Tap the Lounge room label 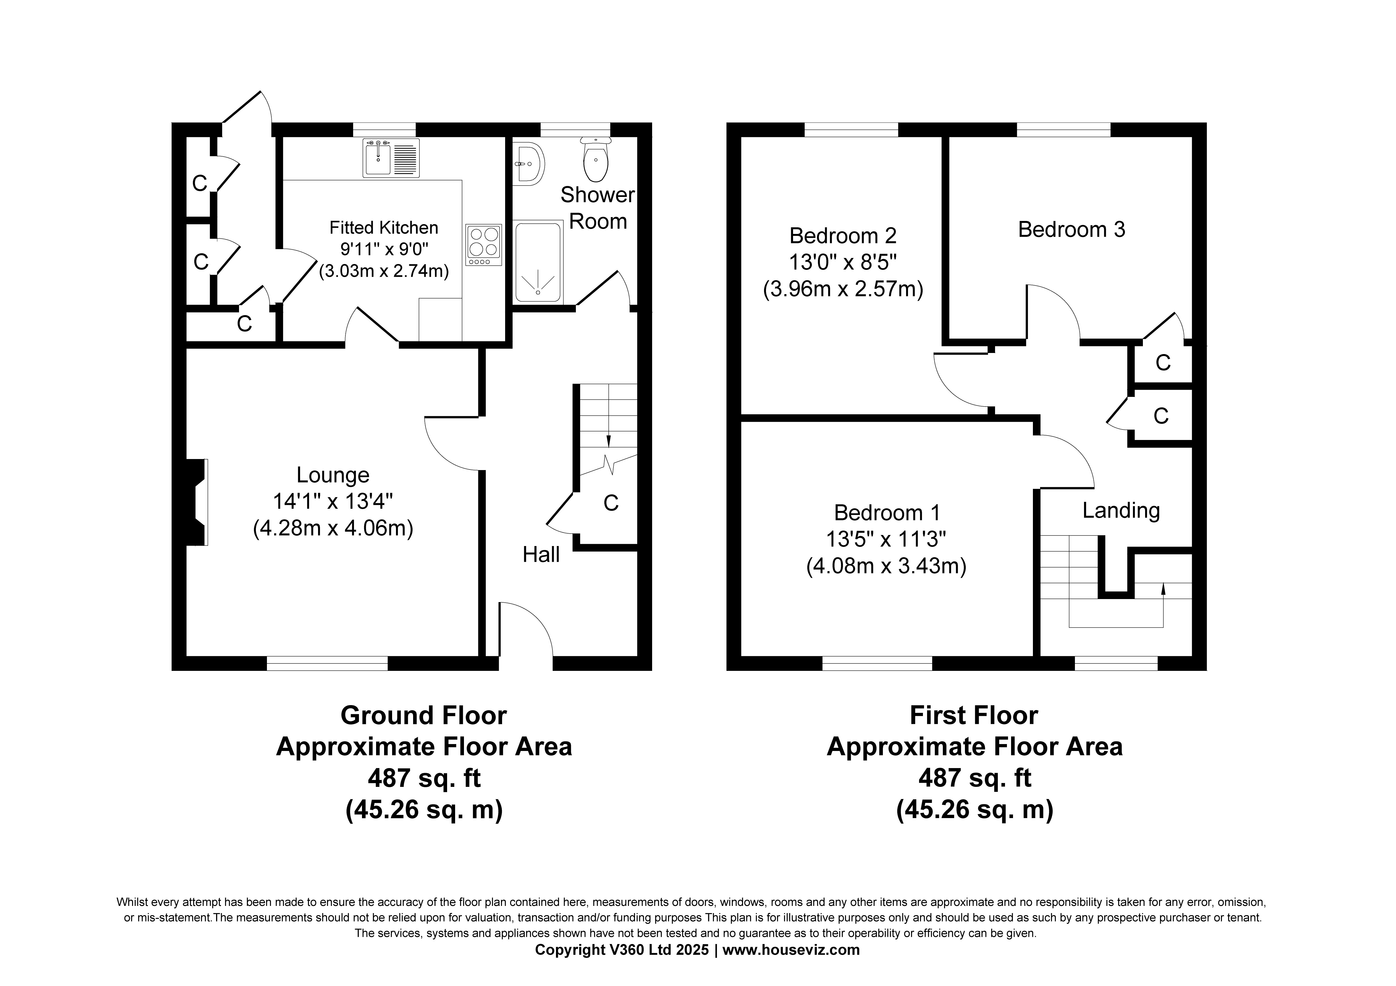tap(333, 475)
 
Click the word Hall tap(541, 554)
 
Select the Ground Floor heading tap(424, 716)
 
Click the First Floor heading tap(974, 716)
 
